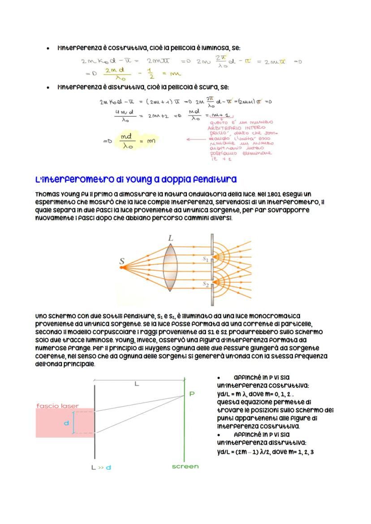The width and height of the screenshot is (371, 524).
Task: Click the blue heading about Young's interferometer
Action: click(136, 179)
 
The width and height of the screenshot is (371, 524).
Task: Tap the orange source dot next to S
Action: click(121, 268)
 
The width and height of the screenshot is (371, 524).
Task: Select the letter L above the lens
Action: click(171, 239)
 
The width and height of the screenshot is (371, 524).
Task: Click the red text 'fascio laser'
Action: click(57, 406)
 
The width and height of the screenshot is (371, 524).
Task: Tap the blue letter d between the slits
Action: click(66, 422)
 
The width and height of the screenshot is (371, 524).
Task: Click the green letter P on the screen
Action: click(192, 394)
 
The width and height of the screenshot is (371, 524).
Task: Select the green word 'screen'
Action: click(185, 466)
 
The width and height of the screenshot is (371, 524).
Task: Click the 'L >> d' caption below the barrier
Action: click(101, 467)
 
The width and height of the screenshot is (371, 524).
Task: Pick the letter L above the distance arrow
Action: click(137, 383)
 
